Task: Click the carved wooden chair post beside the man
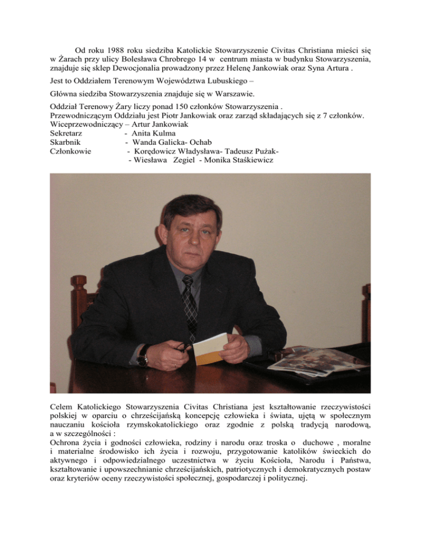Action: [80, 307]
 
